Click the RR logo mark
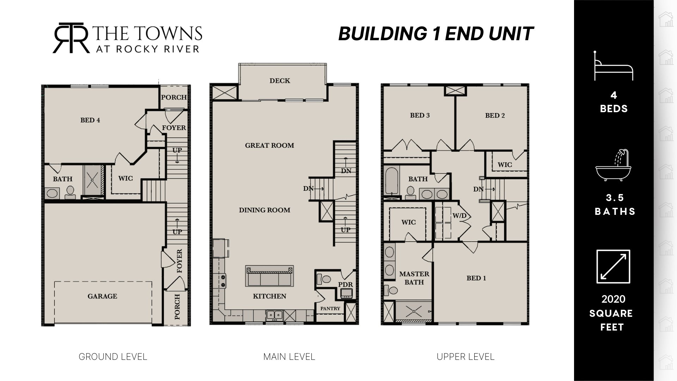[x=71, y=38]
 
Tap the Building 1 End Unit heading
[x=436, y=34]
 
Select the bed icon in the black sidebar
[x=614, y=66]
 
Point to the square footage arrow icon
[x=613, y=267]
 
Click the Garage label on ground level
[x=102, y=296]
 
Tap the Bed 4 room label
[x=90, y=120]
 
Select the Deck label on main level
[x=280, y=81]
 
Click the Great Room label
[x=270, y=145]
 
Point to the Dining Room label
[x=265, y=210]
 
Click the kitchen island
[x=270, y=276]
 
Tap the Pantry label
[x=330, y=309]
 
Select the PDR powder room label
[x=346, y=285]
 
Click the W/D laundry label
[x=459, y=216]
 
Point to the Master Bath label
[x=414, y=278]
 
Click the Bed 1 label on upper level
[x=476, y=278]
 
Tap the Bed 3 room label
[x=420, y=115]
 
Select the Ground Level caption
[x=113, y=357]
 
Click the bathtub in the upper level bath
[x=392, y=181]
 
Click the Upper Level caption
[x=465, y=357]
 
